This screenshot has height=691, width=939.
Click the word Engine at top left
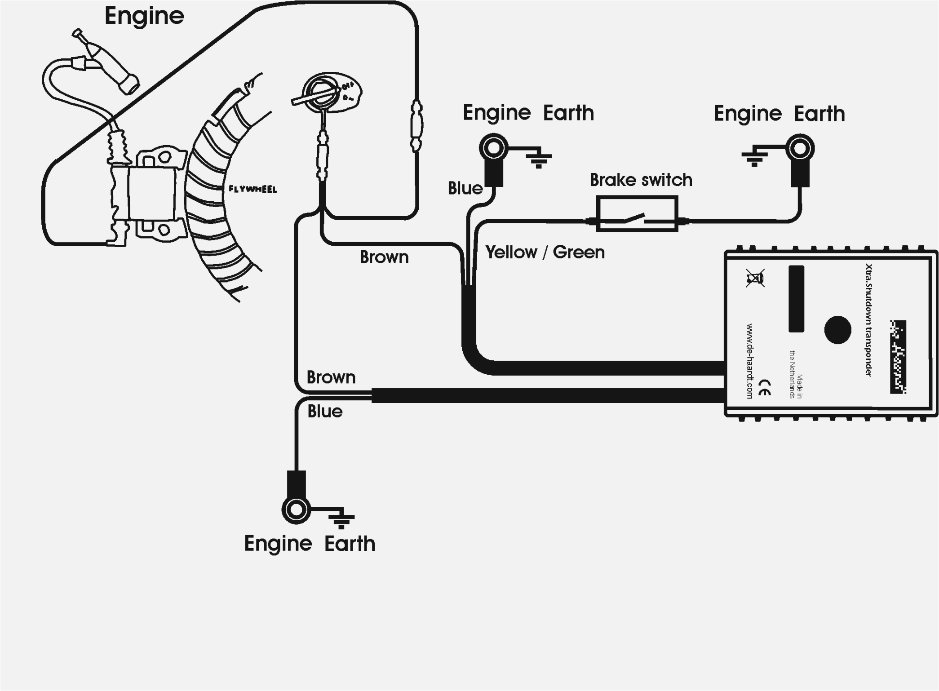tap(144, 16)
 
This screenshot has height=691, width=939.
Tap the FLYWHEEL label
tap(252, 189)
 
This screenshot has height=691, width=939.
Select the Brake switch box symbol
tap(637, 214)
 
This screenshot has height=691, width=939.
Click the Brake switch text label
tap(641, 180)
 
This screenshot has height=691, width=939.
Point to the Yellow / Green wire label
tap(545, 252)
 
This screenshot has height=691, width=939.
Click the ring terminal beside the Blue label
tap(493, 148)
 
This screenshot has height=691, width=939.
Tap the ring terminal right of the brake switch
tap(800, 148)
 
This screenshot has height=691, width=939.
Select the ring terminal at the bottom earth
tap(296, 509)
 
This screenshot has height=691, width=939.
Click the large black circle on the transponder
tap(837, 329)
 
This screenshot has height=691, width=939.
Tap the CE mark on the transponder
tap(765, 387)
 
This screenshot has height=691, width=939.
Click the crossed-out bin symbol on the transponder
tap(755, 279)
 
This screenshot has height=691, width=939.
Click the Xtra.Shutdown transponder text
tap(868, 320)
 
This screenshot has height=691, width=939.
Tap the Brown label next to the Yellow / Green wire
tap(384, 257)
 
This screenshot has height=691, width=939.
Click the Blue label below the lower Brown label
tap(325, 412)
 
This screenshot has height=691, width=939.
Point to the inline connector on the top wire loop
tap(416, 125)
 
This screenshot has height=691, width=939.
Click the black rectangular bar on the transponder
tap(796, 299)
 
